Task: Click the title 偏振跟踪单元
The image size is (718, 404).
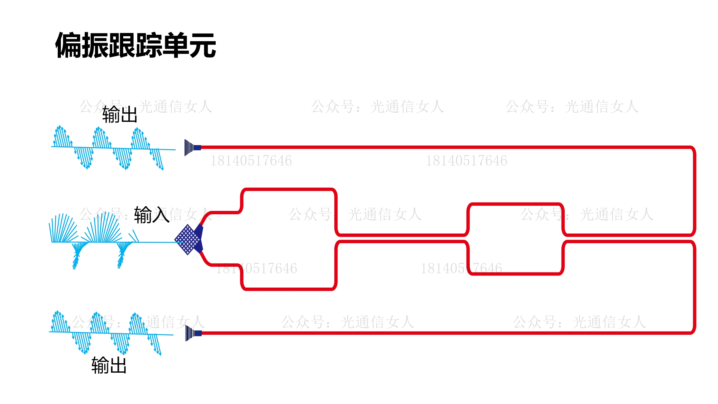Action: pos(136,45)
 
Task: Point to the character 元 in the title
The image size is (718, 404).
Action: pos(203,45)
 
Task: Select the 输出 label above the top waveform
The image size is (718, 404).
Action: pos(120,115)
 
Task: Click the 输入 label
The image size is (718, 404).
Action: pos(152,215)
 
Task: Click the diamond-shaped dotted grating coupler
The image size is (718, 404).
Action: pos(187,240)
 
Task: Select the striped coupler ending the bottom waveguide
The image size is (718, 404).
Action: pos(190,333)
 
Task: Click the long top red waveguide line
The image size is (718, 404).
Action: pos(431,147)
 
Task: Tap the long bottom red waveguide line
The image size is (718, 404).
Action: pos(431,333)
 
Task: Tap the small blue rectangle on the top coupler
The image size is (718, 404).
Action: pos(197,148)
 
